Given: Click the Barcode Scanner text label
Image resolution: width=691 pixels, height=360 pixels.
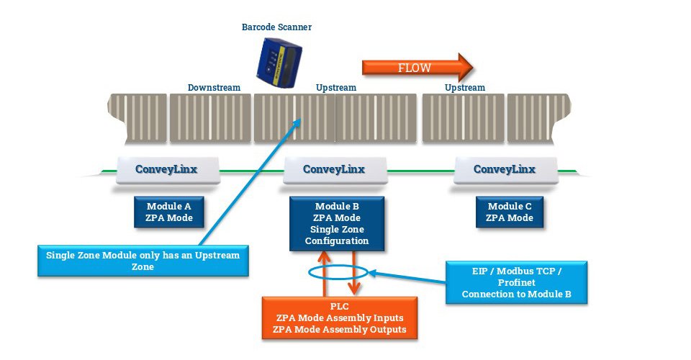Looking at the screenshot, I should coord(276,27).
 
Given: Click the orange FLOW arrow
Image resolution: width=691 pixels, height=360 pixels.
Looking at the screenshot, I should coord(417,68).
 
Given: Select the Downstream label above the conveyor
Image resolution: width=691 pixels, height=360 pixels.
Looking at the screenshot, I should coord(214,88).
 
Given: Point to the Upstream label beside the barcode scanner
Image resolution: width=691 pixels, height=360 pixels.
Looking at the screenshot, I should coord(336,88).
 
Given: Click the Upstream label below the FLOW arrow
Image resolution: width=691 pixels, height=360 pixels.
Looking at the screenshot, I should coord(464,88).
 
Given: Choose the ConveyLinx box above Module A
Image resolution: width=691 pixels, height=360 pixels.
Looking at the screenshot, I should coord(166,170).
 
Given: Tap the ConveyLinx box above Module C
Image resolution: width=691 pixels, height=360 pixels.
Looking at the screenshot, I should coord(504,170).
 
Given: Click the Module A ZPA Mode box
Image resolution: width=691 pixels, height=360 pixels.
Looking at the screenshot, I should coord(169,212).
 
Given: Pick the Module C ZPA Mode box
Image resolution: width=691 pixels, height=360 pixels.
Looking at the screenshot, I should coord(510,212).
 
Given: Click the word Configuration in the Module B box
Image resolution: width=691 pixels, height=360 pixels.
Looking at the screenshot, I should coord(337,241).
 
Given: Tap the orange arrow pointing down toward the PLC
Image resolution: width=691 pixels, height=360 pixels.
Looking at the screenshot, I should coord(353,274).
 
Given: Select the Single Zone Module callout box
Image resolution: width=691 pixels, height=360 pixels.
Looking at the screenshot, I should coord(143,261).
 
